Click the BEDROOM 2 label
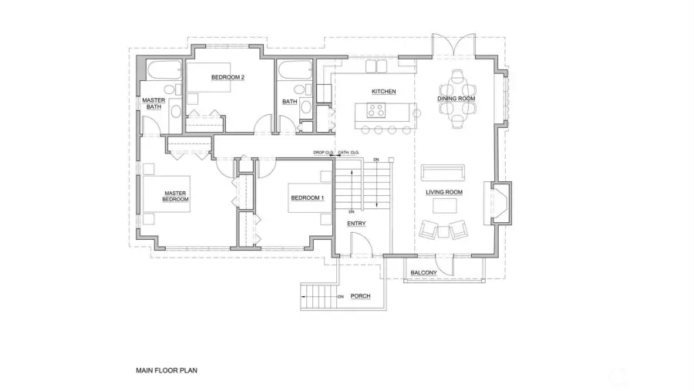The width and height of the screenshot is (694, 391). [227, 77]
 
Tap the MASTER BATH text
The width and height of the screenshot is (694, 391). [154, 103]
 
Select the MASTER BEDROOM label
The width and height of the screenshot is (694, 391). [175, 197]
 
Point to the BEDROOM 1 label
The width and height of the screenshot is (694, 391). [307, 198]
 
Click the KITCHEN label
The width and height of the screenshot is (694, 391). [383, 92]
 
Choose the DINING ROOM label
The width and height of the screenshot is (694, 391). [456, 99]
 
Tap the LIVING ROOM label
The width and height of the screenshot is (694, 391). [444, 192]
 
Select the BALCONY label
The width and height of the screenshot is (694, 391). [423, 273]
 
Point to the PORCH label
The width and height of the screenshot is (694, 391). [360, 296]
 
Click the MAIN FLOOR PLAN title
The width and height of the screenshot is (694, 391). [167, 370]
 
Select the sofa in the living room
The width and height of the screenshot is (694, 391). [442, 170]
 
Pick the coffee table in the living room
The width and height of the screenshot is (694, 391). [443, 205]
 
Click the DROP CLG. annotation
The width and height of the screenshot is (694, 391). [322, 153]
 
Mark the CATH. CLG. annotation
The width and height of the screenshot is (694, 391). [349, 153]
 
